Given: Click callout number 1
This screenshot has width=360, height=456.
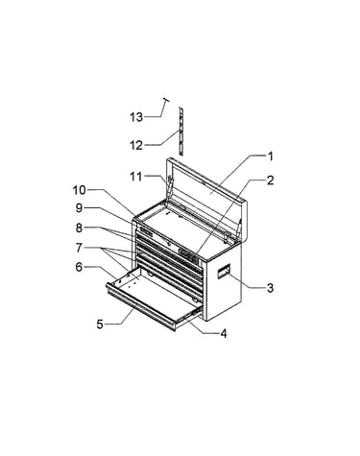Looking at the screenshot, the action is tap(271, 156).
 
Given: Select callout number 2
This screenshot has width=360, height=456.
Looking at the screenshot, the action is tap(271, 180).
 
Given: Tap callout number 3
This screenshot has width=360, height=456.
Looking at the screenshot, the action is tap(271, 288).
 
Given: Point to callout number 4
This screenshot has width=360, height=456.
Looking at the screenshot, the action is tap(224, 334).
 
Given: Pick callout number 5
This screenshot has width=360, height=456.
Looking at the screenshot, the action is tap(100, 324).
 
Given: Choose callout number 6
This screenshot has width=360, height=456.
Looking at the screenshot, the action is tap(79, 267).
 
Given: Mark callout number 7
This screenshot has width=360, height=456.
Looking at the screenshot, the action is tap(79, 248).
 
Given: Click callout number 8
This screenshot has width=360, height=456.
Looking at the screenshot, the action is tap(79, 228).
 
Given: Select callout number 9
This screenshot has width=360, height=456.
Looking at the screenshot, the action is tap(79, 208).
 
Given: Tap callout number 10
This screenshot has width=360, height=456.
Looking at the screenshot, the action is tap(80, 190).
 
